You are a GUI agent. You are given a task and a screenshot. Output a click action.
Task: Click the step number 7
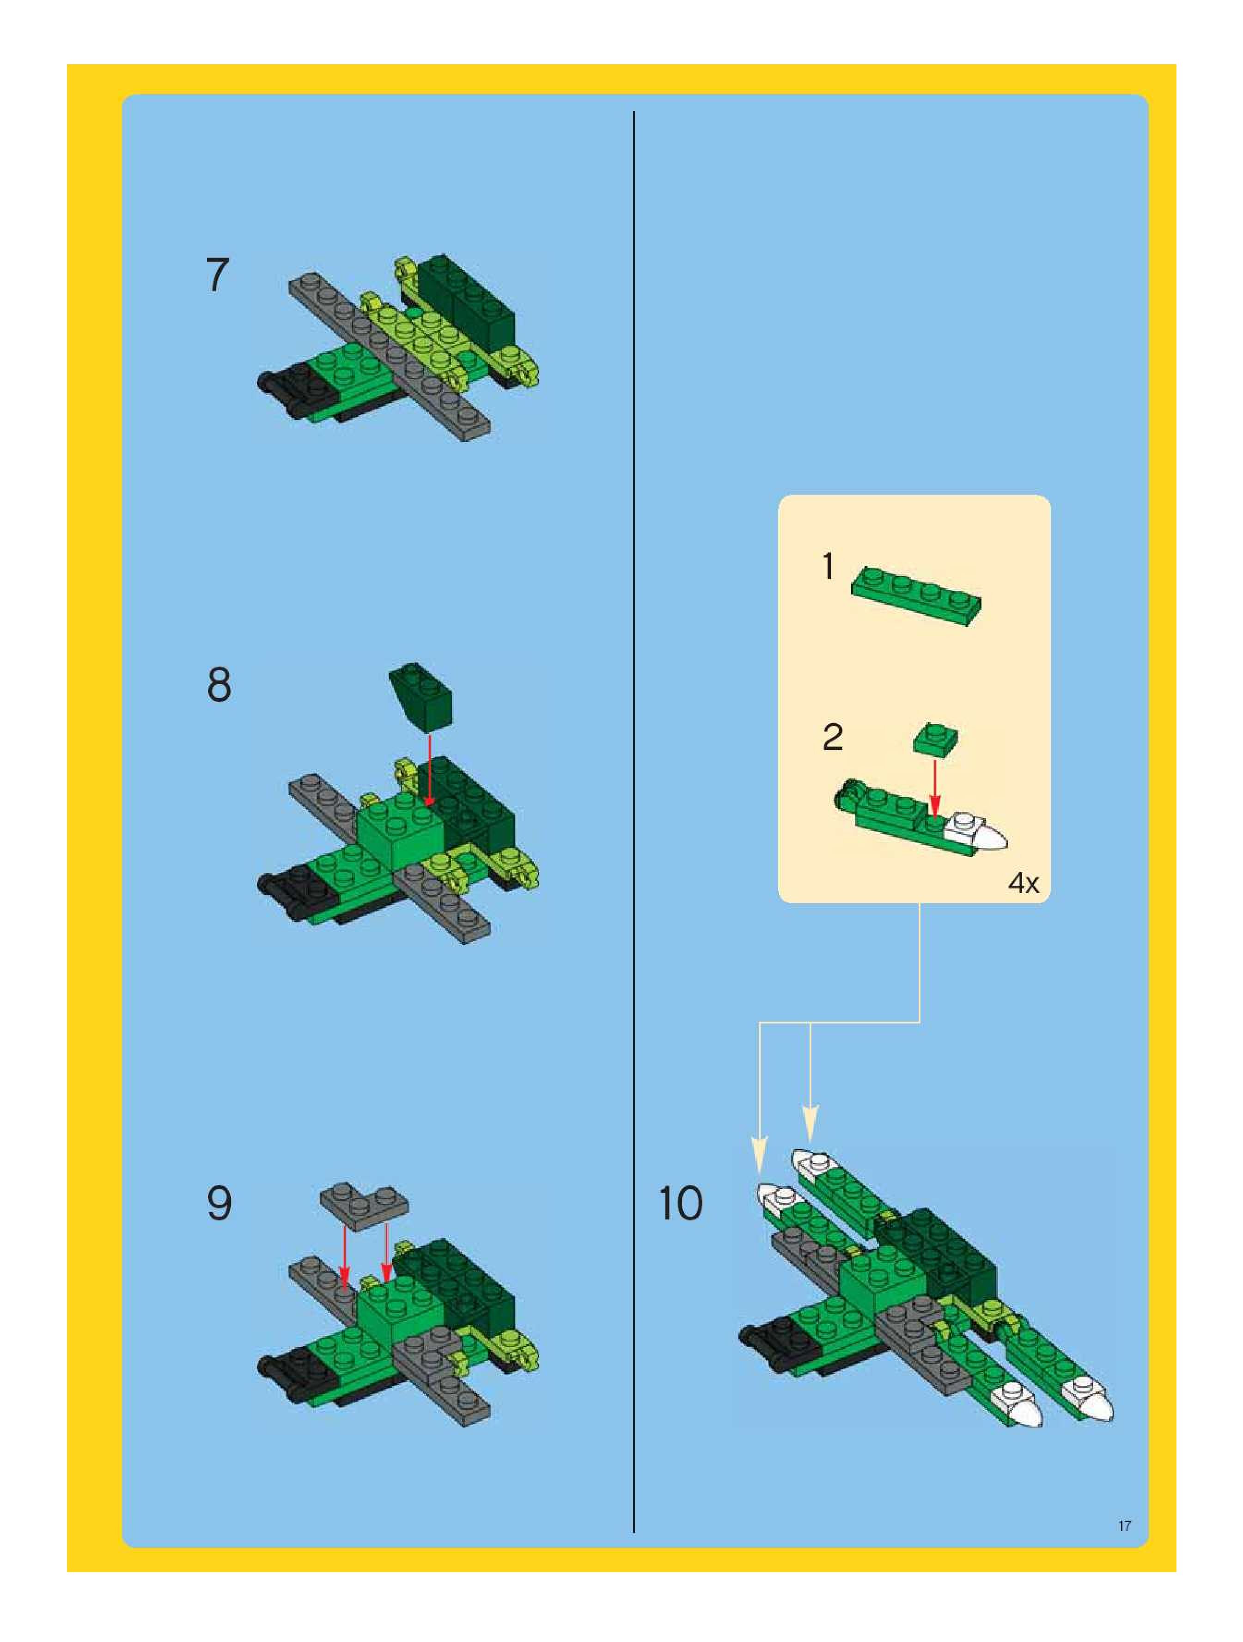click(x=218, y=276)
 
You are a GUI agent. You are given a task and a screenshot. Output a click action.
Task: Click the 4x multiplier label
click(x=1024, y=883)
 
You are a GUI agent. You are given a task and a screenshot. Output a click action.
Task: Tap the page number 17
click(x=1124, y=1526)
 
